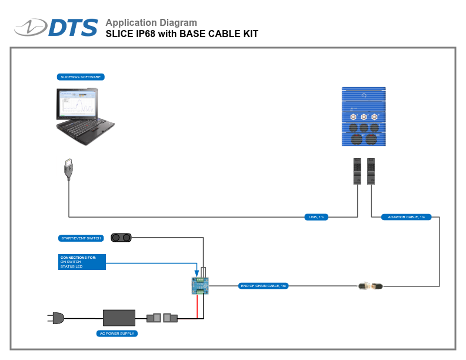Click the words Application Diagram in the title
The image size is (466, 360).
(x=151, y=23)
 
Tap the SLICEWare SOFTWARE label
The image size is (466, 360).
(x=81, y=77)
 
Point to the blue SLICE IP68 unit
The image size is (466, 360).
(x=364, y=117)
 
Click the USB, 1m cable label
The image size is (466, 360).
(x=316, y=217)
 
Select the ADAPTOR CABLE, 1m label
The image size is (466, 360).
(x=406, y=217)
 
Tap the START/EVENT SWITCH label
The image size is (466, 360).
(x=81, y=238)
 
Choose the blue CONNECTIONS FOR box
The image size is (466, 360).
(x=82, y=262)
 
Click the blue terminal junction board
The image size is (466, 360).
(x=200, y=285)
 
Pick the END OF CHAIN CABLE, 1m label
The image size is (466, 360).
(x=263, y=286)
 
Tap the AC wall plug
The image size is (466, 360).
(x=55, y=318)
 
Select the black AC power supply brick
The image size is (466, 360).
(x=119, y=318)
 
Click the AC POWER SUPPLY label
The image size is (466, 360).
(x=116, y=334)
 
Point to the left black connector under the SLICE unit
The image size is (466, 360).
(x=357, y=171)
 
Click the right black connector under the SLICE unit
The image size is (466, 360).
(x=371, y=171)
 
